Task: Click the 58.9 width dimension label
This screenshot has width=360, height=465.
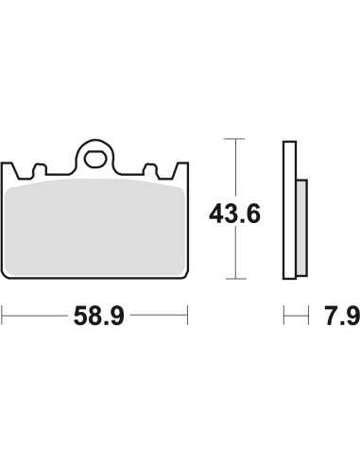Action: coord(99,316)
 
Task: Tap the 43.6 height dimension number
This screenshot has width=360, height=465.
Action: coord(234,214)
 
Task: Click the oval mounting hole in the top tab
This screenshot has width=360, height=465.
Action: coord(94,159)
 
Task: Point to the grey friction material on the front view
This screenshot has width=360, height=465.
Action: coord(94,229)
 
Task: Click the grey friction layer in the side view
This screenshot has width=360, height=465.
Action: coord(301,228)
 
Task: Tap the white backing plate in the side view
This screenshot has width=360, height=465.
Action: coord(289,210)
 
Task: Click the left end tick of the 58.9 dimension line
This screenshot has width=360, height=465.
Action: coord(2,315)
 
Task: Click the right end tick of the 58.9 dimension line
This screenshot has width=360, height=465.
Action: coord(187,315)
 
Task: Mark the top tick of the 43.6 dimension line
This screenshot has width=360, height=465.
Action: coord(235,139)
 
